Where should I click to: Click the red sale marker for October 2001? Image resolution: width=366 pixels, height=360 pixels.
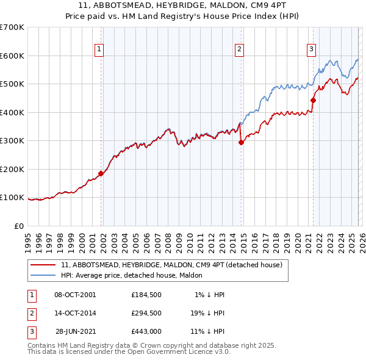point(101,173)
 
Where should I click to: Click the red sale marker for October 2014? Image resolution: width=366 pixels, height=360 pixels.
point(241,143)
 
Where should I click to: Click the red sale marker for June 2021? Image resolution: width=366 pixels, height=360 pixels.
point(313,101)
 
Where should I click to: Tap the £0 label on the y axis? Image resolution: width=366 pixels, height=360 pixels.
point(18,226)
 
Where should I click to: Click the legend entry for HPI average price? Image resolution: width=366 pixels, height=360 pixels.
point(134,275)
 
